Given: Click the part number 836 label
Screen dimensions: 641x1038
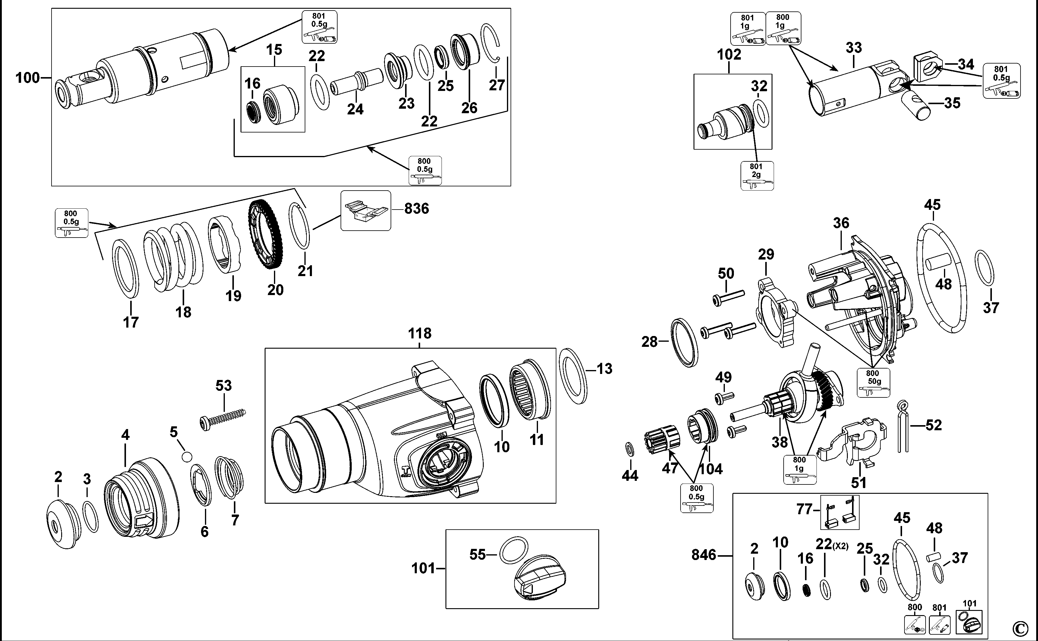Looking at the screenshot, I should pos(416,209).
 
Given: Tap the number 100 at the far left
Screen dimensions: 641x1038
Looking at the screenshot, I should pos(27,78).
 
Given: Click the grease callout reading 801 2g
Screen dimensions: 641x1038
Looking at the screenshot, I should pos(756,176).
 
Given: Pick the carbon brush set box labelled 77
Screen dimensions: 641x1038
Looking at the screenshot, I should pos(839,512).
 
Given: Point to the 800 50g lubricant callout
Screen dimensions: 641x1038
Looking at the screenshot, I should pos(873,382).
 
